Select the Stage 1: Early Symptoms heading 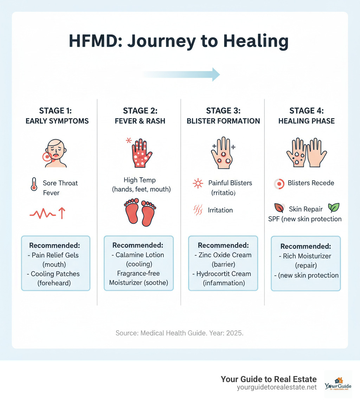57,116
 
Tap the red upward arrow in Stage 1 62,213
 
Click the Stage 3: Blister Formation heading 223,116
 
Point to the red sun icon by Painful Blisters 198,183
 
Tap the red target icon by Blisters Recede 278,183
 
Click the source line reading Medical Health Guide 180,332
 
